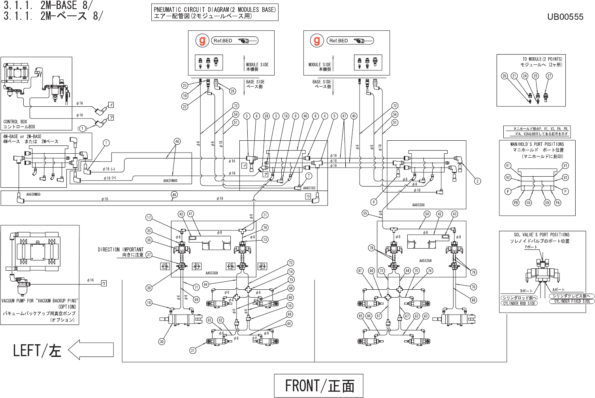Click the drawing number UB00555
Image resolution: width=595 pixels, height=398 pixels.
(565, 17)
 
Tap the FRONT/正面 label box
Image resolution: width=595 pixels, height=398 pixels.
(319, 385)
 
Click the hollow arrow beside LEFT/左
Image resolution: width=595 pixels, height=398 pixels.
(91, 350)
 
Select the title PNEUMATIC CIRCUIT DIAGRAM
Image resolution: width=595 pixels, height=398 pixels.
(215, 9)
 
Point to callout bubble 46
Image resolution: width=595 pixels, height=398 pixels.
(177, 141)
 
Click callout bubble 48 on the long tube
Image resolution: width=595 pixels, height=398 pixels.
(174, 194)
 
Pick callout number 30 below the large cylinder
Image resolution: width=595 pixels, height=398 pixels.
(162, 341)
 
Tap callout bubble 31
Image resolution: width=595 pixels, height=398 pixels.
(193, 350)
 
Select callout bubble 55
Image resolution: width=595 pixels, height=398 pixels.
(365, 213)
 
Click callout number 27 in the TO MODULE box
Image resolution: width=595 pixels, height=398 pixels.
(549, 76)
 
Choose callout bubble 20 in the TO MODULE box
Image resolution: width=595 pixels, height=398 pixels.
(505, 76)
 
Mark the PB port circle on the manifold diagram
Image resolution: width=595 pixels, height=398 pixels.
(516, 203)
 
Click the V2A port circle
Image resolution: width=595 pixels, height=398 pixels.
(547, 203)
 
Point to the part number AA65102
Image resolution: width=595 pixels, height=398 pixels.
(309, 188)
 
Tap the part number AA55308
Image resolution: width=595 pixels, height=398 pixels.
(212, 273)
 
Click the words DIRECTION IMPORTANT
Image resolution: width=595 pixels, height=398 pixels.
(121, 249)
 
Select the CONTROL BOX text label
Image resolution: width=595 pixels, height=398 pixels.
(15, 122)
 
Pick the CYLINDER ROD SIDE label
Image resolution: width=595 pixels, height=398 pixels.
(519, 303)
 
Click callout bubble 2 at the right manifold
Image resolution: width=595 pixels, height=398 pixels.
(478, 181)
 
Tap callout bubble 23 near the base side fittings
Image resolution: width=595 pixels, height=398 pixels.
(185, 85)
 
